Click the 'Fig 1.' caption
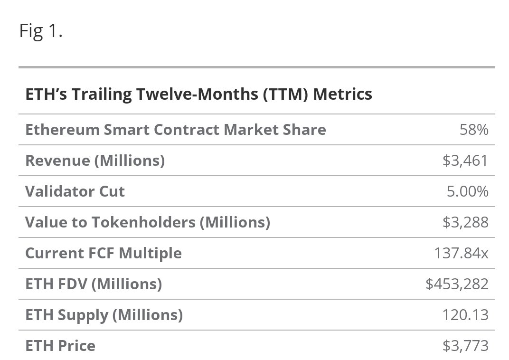41,31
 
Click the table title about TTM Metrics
198,94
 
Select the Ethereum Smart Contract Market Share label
175,130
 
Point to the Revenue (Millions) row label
95,161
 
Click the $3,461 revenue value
465,161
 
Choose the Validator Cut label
75,191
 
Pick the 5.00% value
468,191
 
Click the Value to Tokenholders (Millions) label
147,222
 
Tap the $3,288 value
465,222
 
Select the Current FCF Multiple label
103,253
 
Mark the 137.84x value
461,253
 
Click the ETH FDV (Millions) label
94,284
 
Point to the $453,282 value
457,284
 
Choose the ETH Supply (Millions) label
104,315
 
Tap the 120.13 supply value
467,315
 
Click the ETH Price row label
60,346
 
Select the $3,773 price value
465,346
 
